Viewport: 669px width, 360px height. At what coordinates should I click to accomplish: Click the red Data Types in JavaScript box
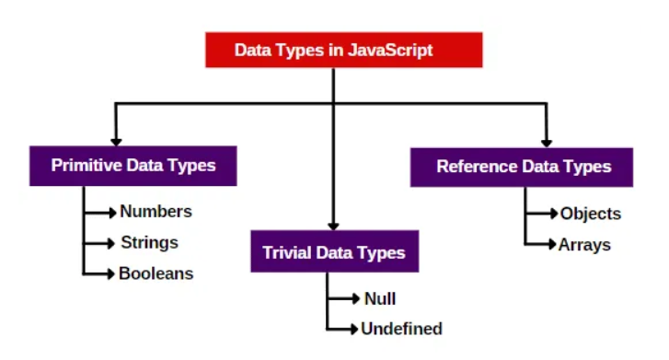click(332, 50)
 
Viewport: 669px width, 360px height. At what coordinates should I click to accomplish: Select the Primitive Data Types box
click(133, 167)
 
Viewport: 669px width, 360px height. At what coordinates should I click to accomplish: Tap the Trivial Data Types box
click(333, 251)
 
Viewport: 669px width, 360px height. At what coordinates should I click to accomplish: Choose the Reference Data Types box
click(523, 167)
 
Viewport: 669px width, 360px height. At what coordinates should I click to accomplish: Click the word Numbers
click(156, 212)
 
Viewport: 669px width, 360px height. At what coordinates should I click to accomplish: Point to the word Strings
click(149, 243)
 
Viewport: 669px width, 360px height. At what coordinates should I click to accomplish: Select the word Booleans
click(156, 273)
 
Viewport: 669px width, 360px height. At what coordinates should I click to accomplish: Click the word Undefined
click(401, 329)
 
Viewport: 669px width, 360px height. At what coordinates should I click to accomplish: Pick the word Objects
click(590, 214)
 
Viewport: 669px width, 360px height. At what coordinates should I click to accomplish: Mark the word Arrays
click(584, 245)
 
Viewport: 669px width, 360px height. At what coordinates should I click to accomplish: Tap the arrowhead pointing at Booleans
click(112, 273)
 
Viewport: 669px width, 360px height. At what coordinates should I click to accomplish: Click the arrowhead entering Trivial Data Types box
click(333, 225)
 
